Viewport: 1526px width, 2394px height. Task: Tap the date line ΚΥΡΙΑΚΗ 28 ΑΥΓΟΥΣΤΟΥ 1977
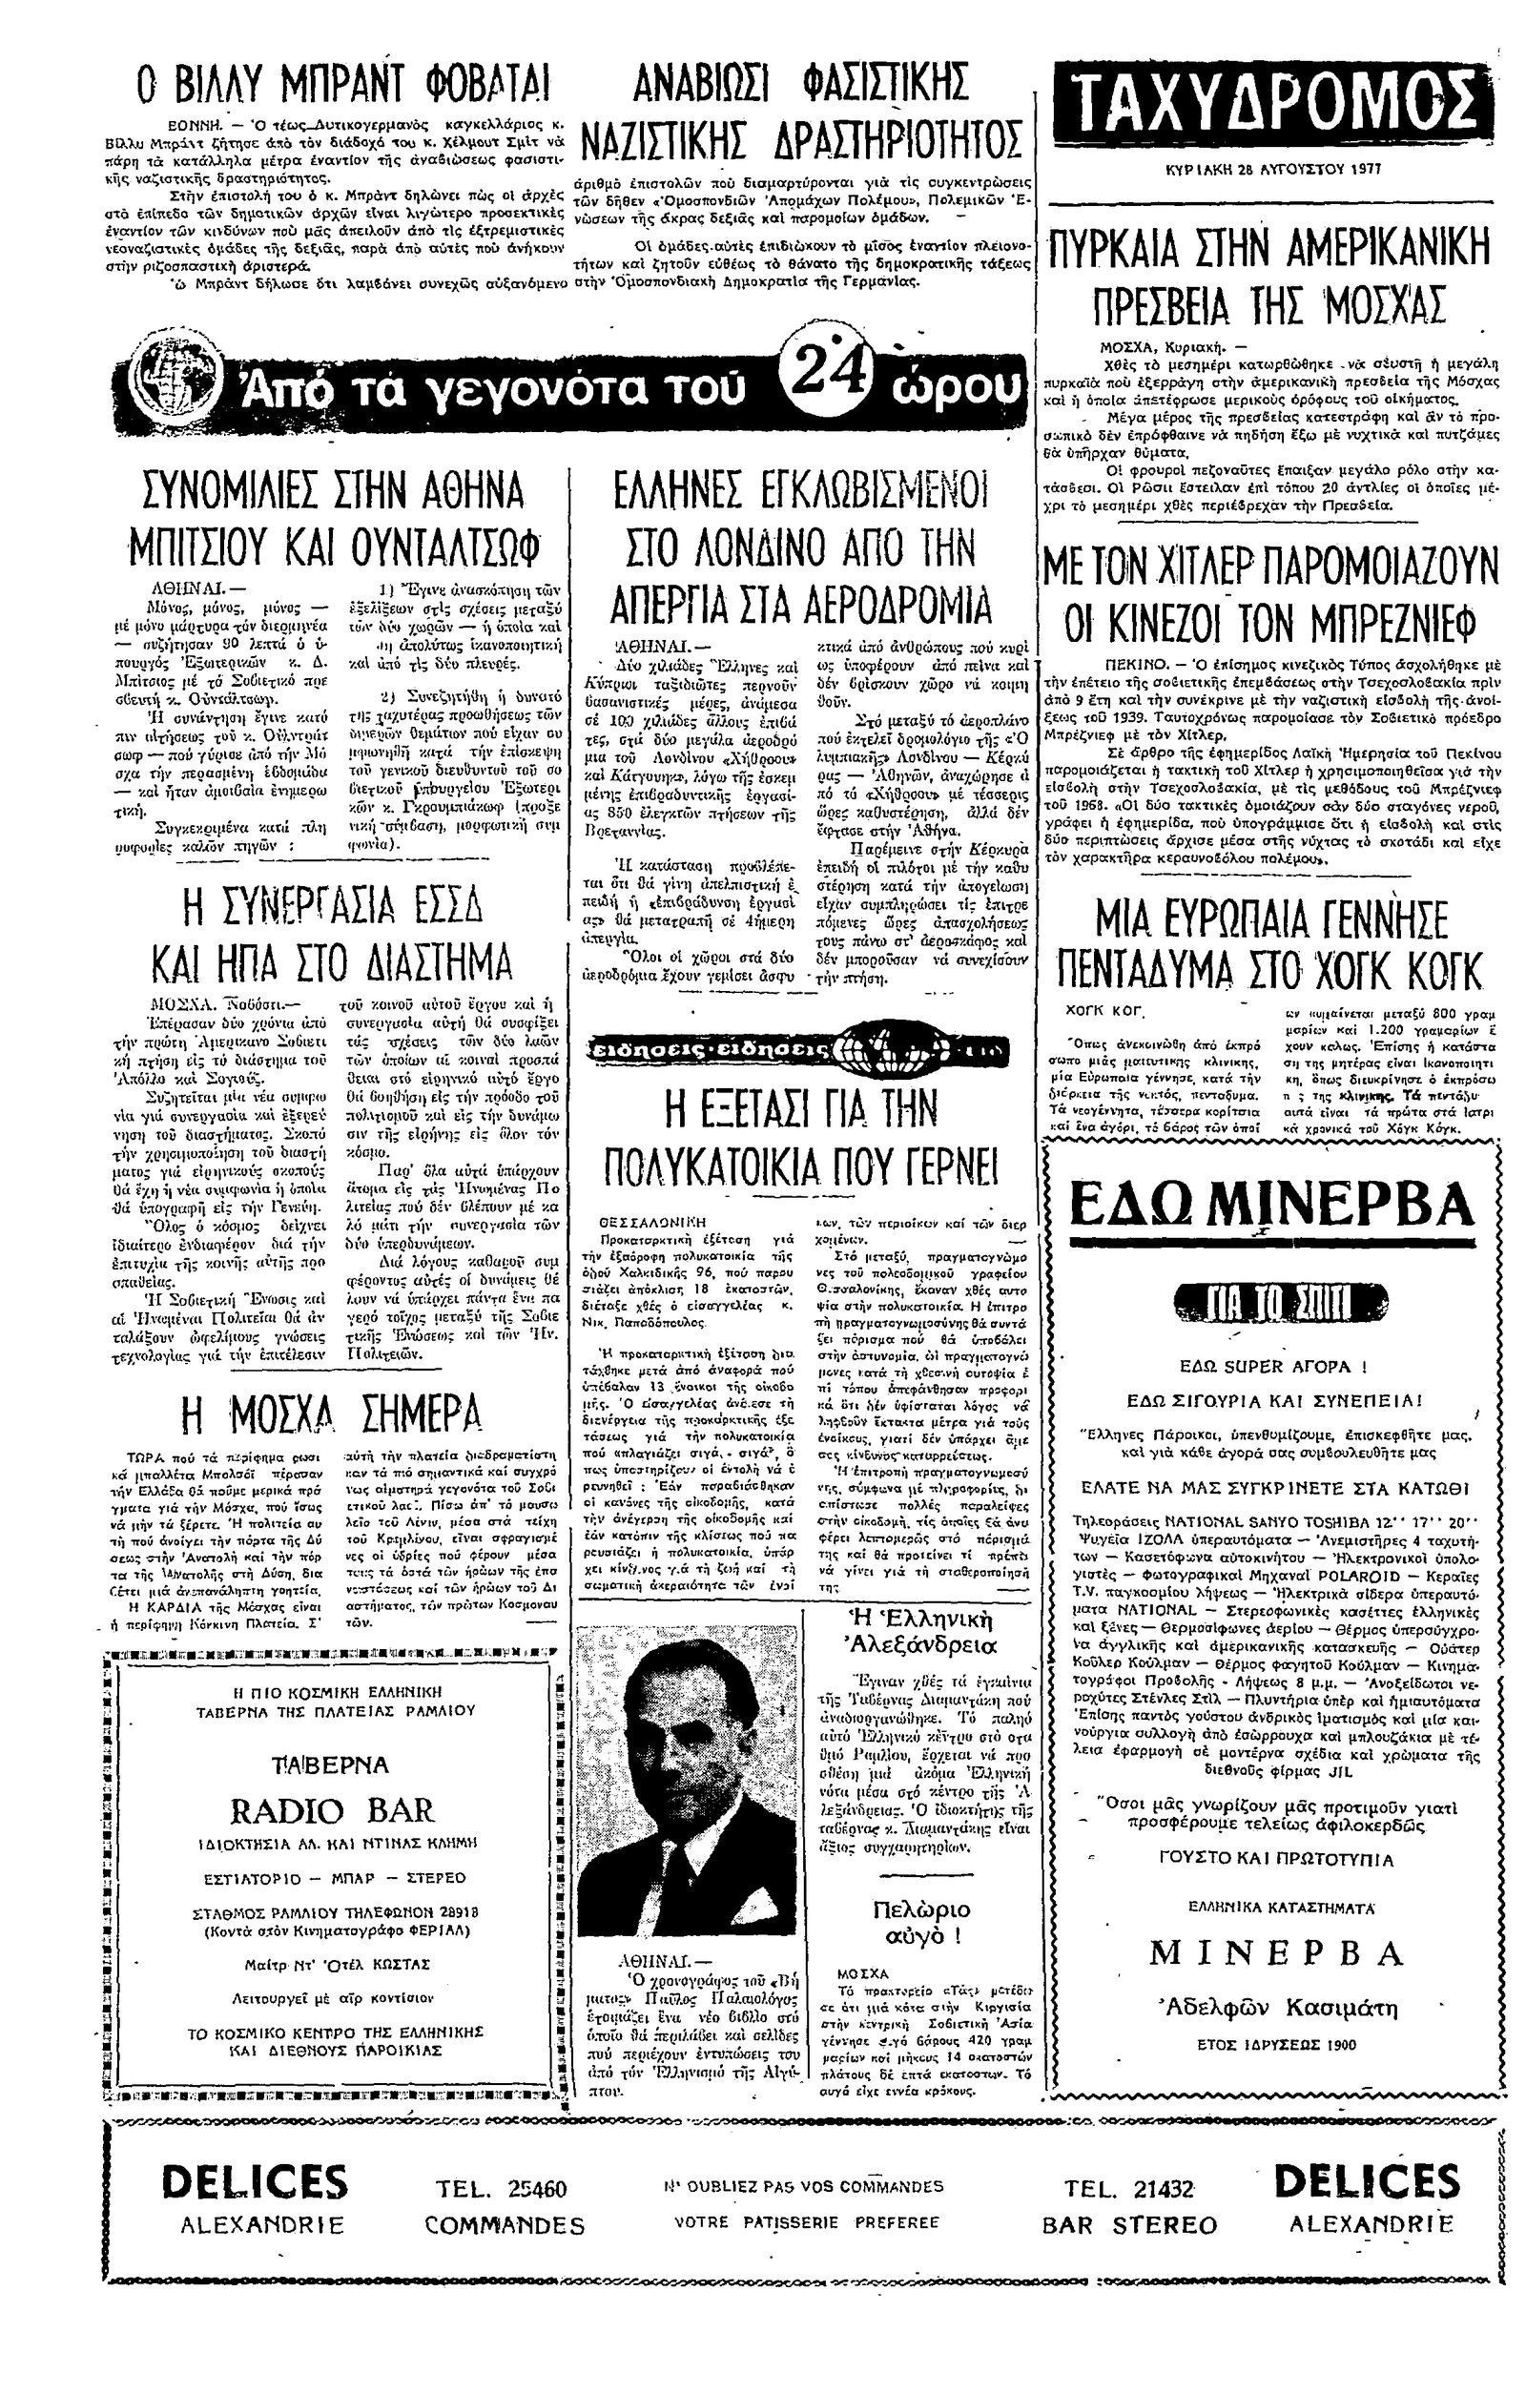pos(1273,170)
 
